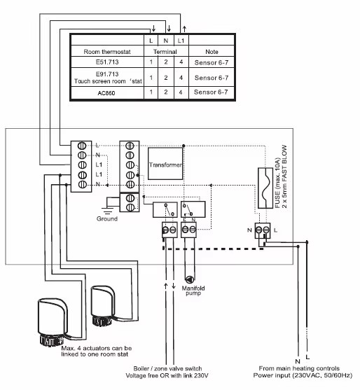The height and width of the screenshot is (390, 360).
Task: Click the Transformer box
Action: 165,163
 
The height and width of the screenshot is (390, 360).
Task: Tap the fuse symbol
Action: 265,188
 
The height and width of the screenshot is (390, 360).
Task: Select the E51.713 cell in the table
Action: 107,62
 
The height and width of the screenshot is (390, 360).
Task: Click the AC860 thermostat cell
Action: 107,93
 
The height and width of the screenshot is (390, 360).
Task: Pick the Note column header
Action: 212,52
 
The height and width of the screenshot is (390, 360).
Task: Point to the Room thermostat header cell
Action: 107,52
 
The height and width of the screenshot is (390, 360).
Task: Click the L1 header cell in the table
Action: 181,41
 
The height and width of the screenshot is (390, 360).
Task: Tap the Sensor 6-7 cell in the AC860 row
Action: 211,92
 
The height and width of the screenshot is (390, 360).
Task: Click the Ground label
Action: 107,218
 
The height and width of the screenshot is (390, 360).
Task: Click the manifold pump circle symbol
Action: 190,279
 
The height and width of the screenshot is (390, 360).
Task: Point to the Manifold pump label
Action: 193,291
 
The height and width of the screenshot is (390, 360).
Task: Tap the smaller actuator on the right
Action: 103,306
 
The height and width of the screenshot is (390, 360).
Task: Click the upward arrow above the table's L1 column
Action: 184,29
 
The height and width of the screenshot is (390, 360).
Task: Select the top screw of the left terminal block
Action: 82,146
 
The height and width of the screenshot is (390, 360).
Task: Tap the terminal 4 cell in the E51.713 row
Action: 181,62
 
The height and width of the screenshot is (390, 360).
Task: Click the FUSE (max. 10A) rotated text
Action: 277,183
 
